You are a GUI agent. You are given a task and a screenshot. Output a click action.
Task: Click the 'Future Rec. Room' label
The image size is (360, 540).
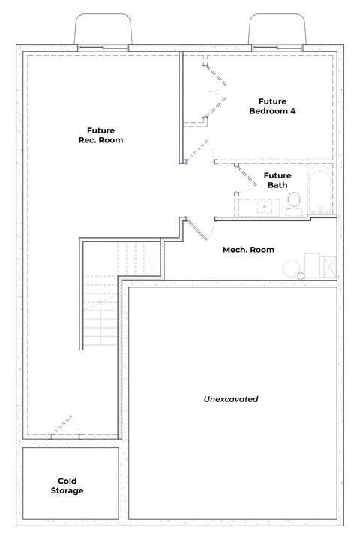[100, 135]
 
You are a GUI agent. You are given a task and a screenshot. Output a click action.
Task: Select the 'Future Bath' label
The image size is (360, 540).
[277, 180]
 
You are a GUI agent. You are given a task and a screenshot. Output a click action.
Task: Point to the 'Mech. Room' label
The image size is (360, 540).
[248, 250]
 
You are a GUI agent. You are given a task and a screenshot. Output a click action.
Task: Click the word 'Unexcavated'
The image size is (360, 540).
[231, 399]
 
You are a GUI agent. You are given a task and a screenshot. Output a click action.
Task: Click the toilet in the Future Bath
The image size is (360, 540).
[293, 202]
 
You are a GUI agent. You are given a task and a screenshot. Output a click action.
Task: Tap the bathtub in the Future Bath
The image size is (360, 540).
[319, 190]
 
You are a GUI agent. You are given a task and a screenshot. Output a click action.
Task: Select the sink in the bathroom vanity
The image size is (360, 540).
[264, 207]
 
